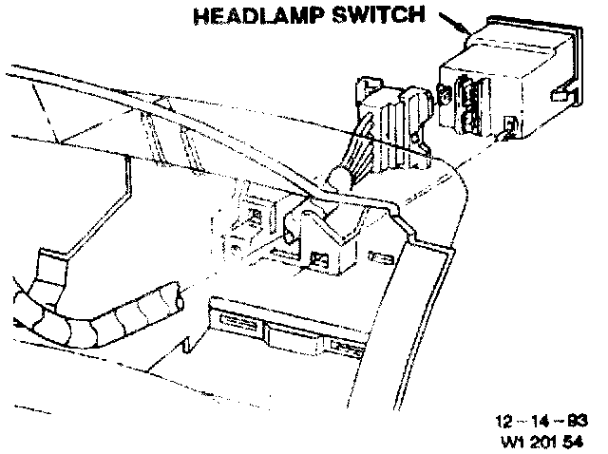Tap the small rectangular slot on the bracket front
[x=319, y=258]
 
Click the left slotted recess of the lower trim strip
[x=236, y=324]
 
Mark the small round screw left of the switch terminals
[x=445, y=94]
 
